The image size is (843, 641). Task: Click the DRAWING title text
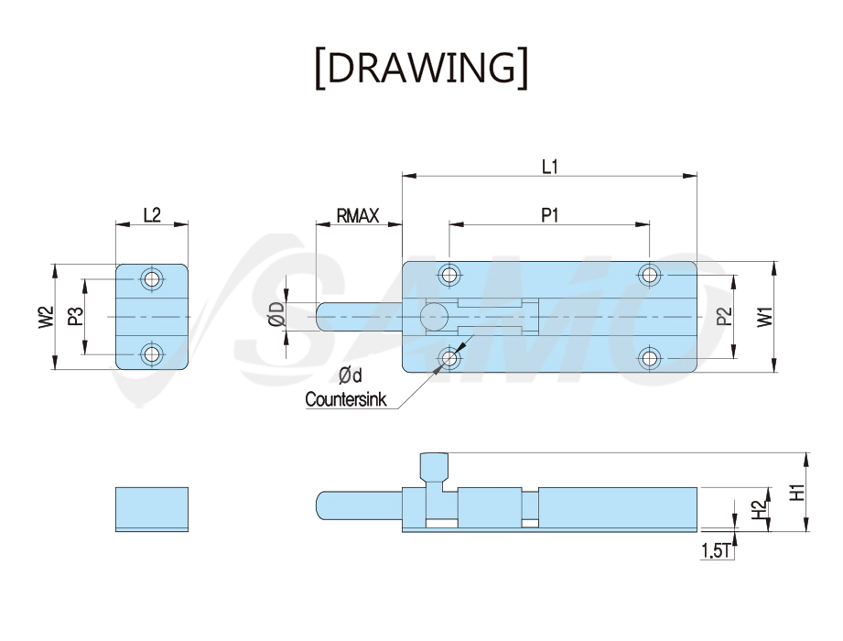421,68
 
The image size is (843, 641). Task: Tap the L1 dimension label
549,167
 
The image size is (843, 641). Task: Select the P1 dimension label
549,215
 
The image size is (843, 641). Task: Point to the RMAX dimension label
358,215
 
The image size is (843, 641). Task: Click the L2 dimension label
152,215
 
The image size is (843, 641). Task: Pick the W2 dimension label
47,317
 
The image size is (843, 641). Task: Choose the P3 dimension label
76,316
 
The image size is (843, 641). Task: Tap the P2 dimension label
725,316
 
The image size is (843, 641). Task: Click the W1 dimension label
764,317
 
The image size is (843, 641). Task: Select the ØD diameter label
276,314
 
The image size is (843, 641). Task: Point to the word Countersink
346,399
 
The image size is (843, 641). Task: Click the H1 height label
797,492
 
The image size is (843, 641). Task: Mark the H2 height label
758,509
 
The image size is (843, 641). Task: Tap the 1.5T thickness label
716,550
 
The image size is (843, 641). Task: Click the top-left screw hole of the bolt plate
449,276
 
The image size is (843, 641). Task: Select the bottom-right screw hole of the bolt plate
650,358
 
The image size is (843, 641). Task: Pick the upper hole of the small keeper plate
152,279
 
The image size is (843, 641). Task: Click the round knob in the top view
435,317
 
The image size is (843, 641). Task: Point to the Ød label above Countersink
350,375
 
